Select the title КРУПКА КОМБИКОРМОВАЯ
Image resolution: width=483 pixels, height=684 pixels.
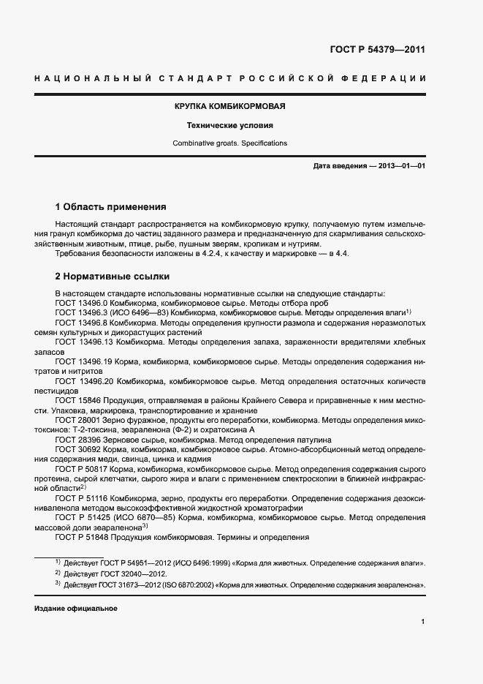pos(229,106)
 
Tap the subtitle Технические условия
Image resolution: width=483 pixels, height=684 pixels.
pos(229,125)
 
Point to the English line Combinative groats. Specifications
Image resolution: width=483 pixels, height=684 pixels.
pos(229,143)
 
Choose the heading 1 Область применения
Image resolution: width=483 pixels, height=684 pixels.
pos(111,207)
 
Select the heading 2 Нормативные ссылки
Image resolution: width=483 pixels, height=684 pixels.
pos(113,277)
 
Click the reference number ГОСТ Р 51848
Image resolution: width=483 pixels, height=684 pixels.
pos(81,537)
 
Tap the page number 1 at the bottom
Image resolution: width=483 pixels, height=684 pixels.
pos(423,622)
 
